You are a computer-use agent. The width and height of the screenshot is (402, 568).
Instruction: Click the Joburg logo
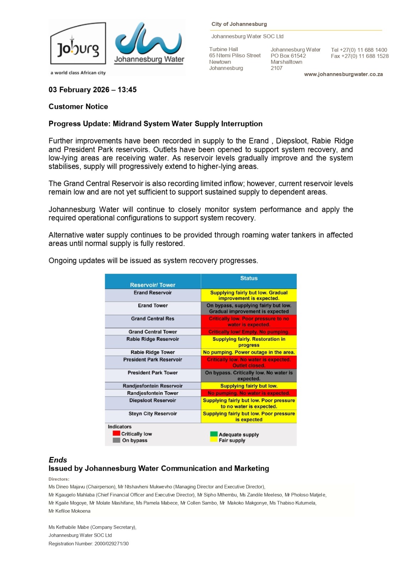click(78, 45)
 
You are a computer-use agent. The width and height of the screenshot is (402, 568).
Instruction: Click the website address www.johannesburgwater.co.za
click(343, 74)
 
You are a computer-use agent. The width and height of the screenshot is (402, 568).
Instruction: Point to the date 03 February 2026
click(79, 90)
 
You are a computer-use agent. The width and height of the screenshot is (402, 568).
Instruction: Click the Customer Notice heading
click(78, 106)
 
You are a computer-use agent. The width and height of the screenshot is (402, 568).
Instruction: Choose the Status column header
click(249, 278)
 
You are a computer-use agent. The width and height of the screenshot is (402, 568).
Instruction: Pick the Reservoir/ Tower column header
click(152, 285)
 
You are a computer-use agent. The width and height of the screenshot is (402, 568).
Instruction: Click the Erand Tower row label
click(153, 306)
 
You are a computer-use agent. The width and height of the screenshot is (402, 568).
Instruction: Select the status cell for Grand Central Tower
click(249, 332)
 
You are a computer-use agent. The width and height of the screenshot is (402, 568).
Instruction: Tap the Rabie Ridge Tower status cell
click(249, 352)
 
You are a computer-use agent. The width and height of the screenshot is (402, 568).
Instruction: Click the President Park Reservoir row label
click(153, 360)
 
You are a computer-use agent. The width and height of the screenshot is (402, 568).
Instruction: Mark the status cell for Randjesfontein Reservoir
click(249, 386)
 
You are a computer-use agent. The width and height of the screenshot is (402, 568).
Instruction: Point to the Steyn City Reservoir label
click(153, 414)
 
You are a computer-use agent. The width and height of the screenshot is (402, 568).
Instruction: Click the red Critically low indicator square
click(116, 433)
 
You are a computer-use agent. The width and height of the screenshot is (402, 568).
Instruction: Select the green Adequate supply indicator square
click(214, 434)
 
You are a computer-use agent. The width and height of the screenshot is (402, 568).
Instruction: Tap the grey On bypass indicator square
click(116, 440)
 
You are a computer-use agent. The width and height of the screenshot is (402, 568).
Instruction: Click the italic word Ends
click(58, 460)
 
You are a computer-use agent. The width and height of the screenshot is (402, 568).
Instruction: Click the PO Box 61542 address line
click(288, 56)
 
